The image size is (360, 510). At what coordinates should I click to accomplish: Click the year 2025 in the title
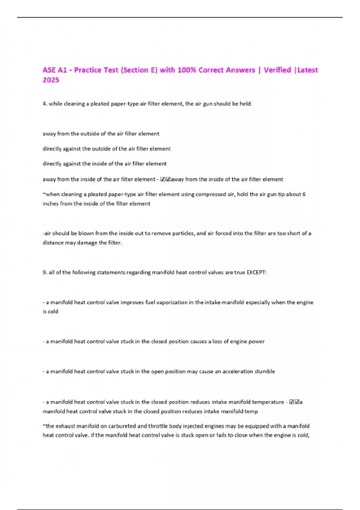pos(51,80)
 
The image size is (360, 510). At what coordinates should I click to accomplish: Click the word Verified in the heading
pos(277,70)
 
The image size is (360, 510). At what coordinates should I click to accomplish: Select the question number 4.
pos(45,104)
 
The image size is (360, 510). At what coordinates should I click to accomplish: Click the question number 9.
pos(45,272)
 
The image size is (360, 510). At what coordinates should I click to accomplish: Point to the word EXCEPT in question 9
pos(256,272)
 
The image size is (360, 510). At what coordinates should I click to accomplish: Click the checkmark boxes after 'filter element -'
pos(165,179)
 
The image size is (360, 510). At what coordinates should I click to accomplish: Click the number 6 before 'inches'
pos(304,194)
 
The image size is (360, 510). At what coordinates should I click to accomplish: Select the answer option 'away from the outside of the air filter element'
pos(101,134)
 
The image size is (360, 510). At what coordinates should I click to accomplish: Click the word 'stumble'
pos(265,371)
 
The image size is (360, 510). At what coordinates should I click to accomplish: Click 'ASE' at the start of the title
pos(49,70)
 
